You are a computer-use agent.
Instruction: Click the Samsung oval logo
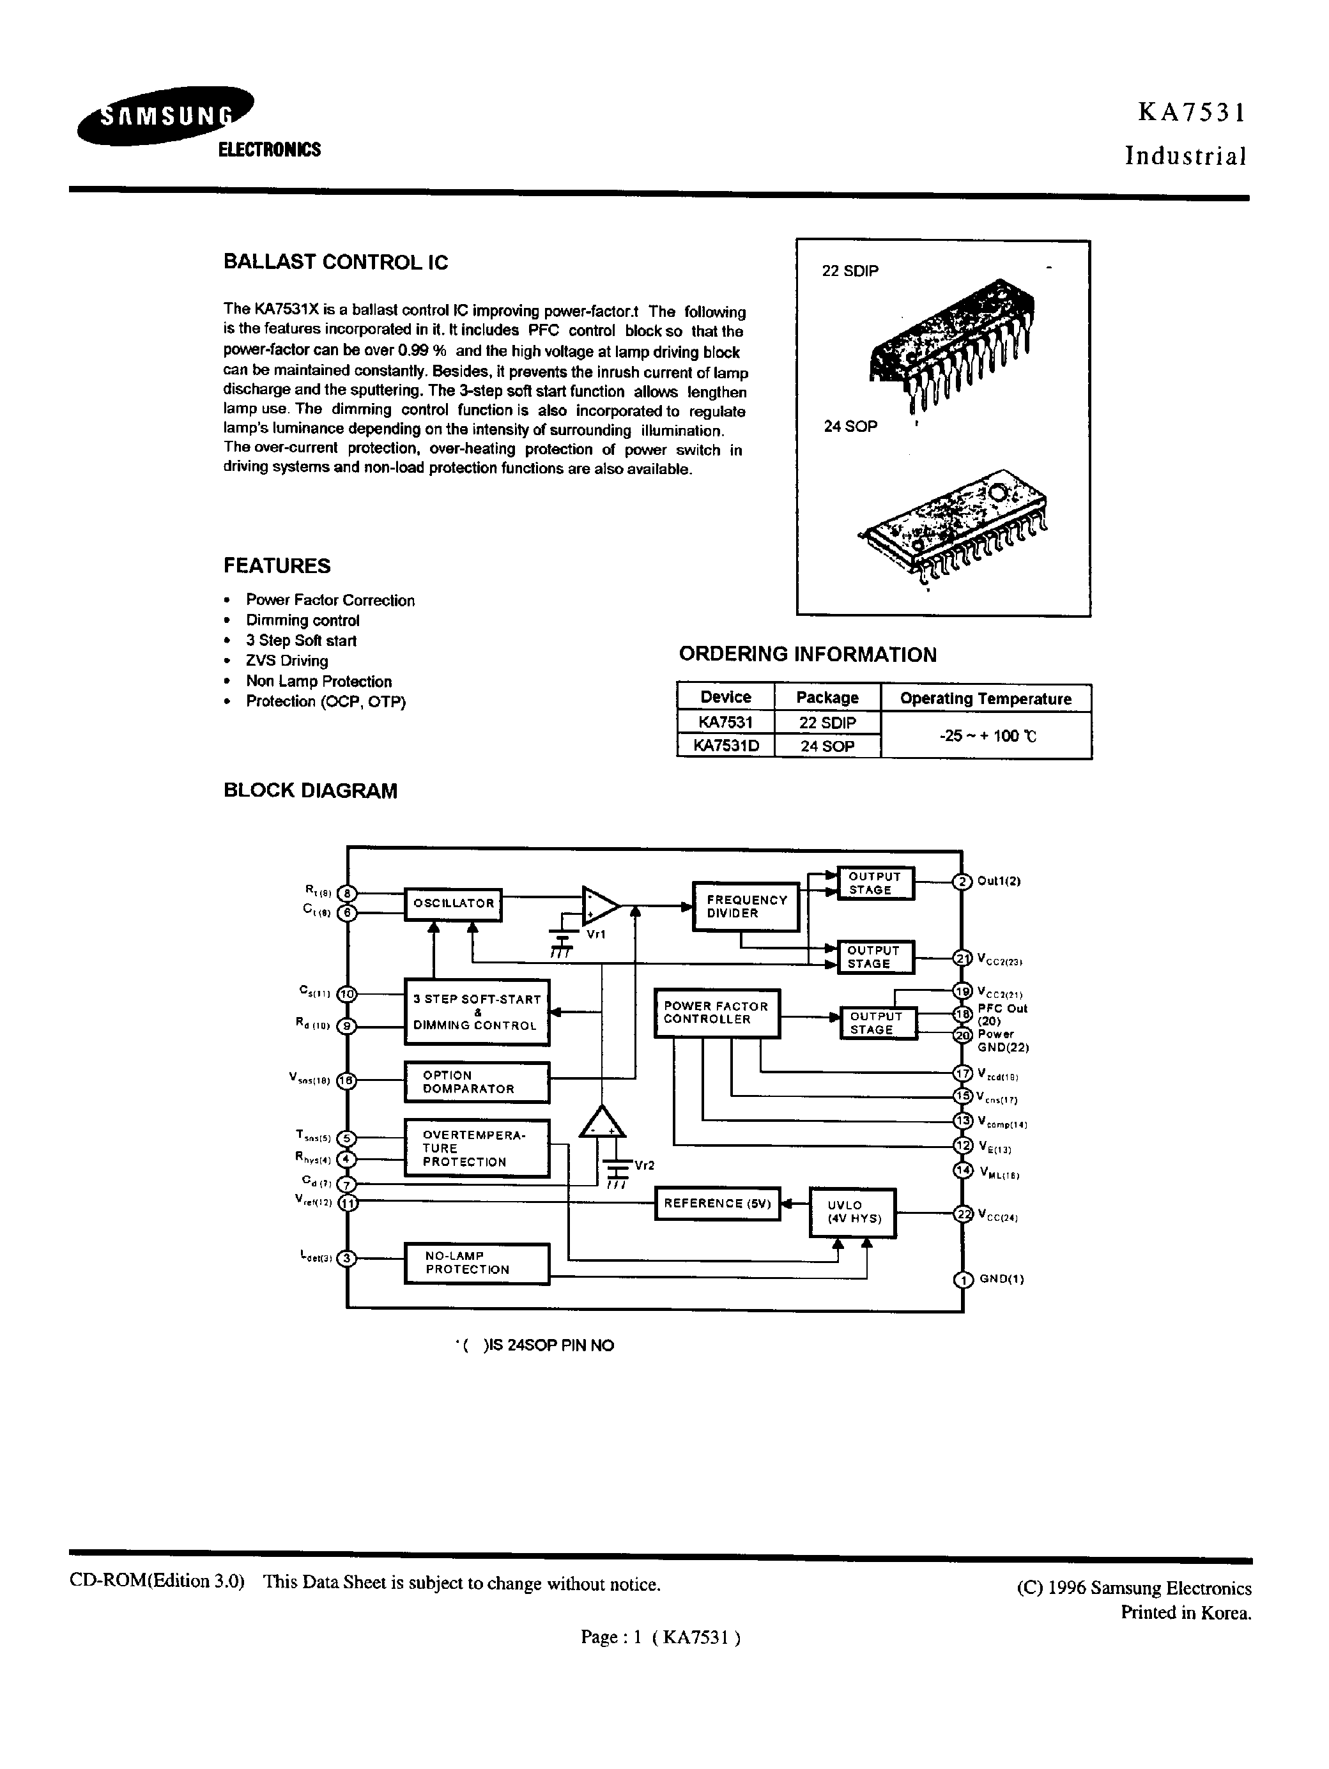165,116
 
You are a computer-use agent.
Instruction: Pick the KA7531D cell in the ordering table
725,746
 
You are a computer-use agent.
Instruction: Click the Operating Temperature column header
985,698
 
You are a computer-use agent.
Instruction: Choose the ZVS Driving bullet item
286,661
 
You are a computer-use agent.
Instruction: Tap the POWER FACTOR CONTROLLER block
716,1013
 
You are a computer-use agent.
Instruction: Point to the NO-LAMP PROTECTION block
477,1264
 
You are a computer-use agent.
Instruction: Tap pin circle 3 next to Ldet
346,1258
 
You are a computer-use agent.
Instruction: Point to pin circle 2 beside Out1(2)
962,881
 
